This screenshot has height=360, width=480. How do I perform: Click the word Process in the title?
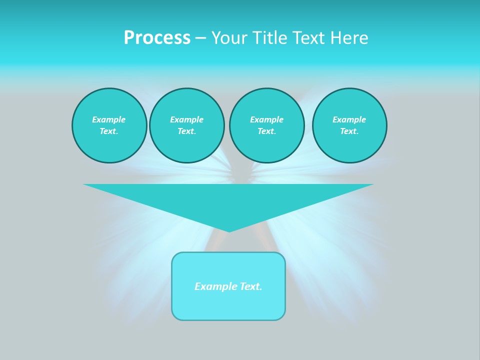(x=157, y=38)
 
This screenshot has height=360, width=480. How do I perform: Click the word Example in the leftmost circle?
(x=109, y=119)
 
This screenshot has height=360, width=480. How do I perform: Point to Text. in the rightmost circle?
(x=349, y=131)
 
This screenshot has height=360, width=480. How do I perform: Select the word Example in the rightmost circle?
(x=349, y=119)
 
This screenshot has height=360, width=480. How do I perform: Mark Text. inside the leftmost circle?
(x=109, y=131)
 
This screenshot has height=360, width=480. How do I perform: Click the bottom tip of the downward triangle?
(x=229, y=230)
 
